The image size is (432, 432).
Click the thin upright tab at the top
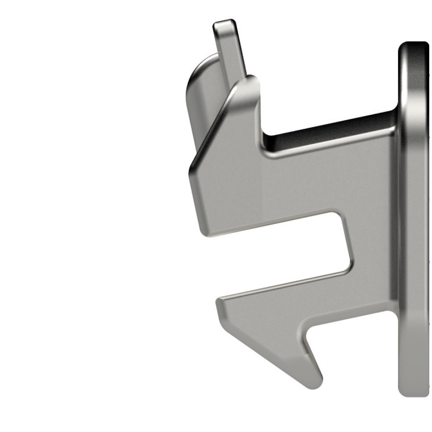point(230,48)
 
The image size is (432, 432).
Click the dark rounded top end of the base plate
point(414,50)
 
